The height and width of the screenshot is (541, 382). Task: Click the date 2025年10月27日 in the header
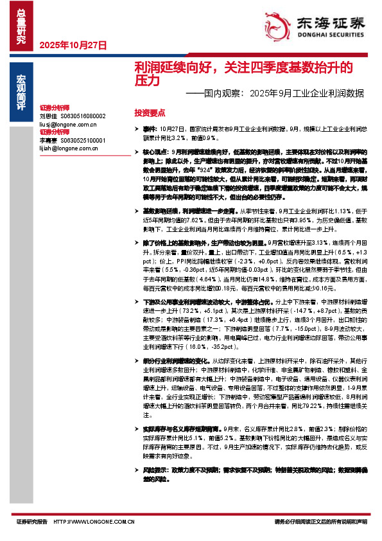[73, 45]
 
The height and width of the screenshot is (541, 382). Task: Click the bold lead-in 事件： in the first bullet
[150, 129]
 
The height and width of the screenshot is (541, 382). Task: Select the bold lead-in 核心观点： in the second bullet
[155, 147]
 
